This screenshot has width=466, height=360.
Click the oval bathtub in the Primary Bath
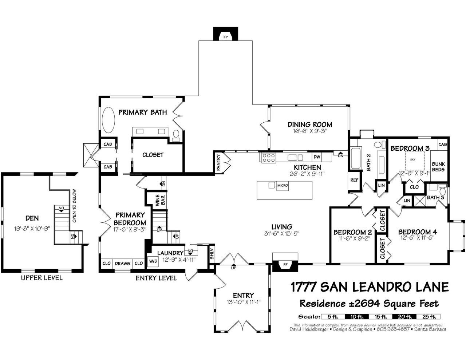coord(108,120)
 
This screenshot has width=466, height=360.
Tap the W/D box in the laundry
coord(153,261)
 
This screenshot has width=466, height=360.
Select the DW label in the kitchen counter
coord(317,157)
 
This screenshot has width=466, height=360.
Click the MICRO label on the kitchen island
coord(283,185)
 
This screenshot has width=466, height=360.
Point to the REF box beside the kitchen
coord(354,180)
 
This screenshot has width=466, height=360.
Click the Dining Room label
coord(310,124)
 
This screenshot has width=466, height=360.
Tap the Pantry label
coord(218,162)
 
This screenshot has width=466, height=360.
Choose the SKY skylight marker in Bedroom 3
coord(412,159)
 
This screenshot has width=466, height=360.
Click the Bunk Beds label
coord(438,167)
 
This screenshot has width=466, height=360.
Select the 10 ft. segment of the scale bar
coord(357,317)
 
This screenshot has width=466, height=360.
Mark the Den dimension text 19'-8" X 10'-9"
coord(32,229)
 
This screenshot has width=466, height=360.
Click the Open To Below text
coord(74,206)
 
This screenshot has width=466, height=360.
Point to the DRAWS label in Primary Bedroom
coord(122,263)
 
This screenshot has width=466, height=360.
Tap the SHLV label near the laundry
coord(212,254)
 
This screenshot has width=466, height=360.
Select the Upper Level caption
coord(42,278)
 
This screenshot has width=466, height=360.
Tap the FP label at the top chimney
coord(225,37)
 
